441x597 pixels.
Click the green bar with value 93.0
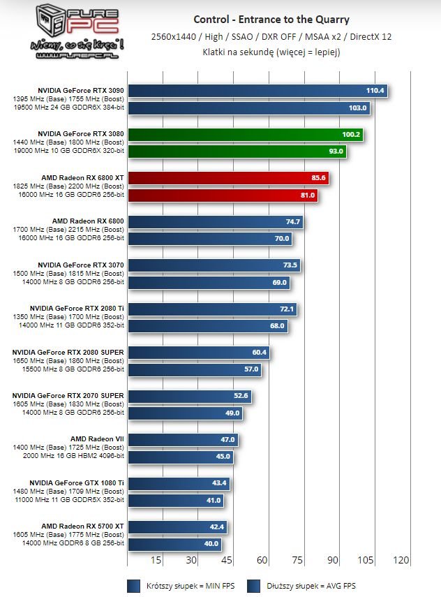[237, 151]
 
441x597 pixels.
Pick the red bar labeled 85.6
[228, 178]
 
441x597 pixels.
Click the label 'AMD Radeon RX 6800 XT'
[82, 177]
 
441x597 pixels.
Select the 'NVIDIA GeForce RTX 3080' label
[81, 133]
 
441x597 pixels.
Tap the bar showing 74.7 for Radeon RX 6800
[216, 221]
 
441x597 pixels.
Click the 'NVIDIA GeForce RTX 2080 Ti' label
[77, 308]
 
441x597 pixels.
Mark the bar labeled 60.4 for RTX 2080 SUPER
[199, 352]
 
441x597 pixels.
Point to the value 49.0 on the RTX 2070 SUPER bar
[232, 413]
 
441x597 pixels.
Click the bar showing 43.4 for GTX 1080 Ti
[179, 482]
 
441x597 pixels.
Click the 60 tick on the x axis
[262, 560]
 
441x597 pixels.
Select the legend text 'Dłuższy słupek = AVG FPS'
[321, 586]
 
